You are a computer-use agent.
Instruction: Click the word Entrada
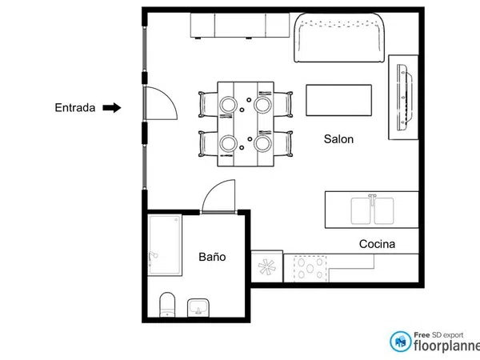tap(75, 108)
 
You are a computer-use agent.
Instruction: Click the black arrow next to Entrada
tap(112, 108)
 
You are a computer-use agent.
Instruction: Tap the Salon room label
tap(338, 139)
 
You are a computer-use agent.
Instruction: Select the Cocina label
tap(377, 244)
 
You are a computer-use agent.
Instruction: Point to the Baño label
tap(212, 257)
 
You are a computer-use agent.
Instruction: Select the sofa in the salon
tap(339, 38)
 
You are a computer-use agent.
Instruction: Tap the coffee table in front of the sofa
tap(339, 101)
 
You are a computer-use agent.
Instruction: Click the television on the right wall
tap(404, 98)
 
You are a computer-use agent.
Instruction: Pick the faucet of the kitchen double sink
tap(372, 199)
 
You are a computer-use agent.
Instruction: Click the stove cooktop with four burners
tap(310, 269)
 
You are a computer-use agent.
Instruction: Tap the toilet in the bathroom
tap(167, 305)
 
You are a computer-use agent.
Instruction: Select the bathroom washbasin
tap(198, 308)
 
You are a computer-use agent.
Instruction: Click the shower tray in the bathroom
tap(165, 245)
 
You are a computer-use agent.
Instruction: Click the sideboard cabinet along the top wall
tap(240, 25)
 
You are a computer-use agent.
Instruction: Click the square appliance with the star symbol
tap(266, 266)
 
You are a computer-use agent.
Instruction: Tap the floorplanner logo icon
tap(401, 342)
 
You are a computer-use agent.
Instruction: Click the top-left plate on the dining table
tap(228, 105)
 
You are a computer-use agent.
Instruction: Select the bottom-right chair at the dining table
tap(283, 143)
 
